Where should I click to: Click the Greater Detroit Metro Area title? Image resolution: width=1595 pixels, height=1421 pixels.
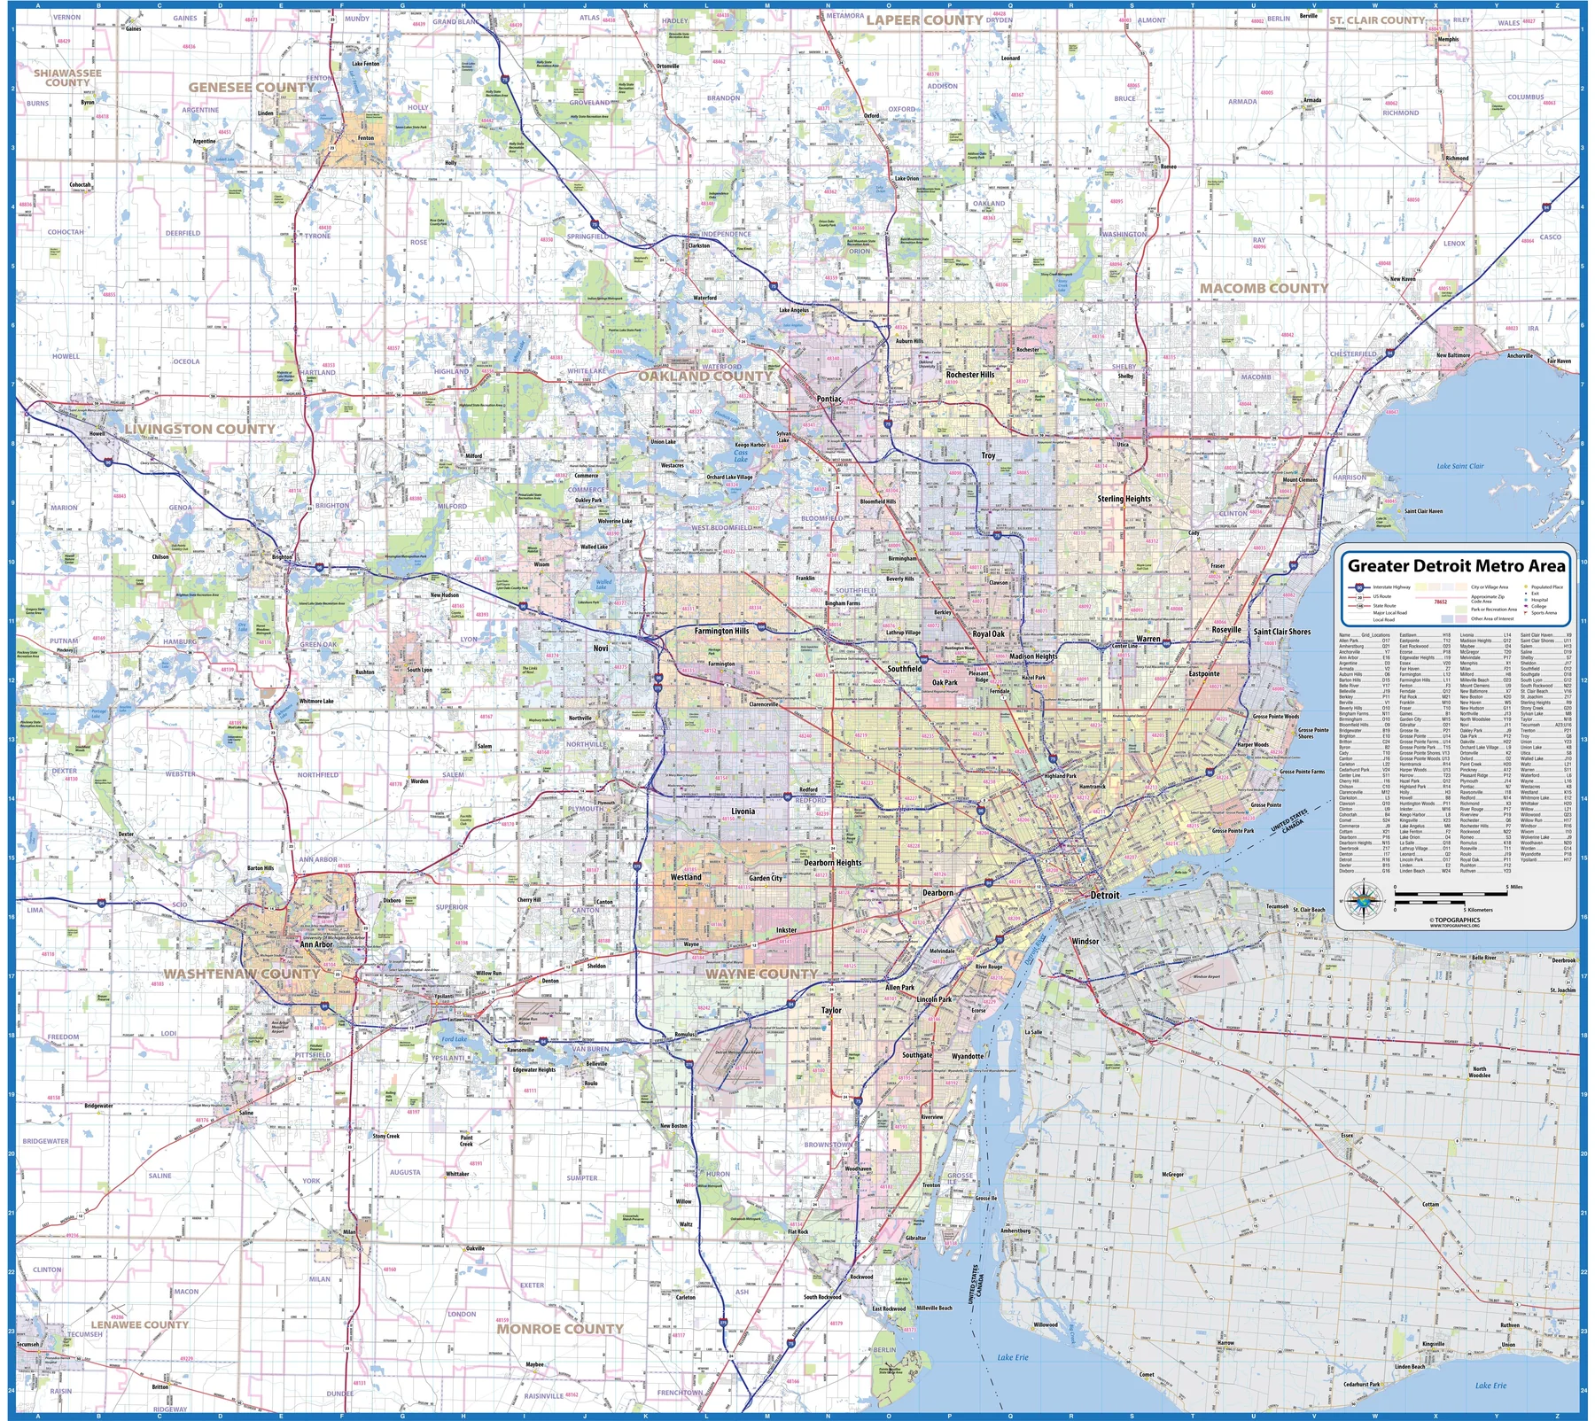(1456, 565)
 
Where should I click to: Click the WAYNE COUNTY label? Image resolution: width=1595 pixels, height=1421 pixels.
(761, 974)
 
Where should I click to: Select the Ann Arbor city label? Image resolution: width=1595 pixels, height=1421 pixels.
(315, 944)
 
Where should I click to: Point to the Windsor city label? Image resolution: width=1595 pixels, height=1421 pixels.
(1085, 941)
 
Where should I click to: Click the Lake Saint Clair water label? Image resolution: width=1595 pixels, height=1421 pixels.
(1460, 466)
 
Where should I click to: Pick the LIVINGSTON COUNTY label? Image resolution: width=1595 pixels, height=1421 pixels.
(199, 429)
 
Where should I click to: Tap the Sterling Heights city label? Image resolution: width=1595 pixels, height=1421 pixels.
(1124, 499)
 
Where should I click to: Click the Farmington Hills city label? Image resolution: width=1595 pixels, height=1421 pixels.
(721, 631)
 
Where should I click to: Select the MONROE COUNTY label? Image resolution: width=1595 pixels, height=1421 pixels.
(560, 1329)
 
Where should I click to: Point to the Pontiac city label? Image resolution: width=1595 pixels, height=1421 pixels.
(829, 399)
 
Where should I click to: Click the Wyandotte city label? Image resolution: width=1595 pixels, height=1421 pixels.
(967, 1056)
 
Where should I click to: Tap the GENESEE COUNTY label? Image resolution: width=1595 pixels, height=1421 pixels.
(251, 87)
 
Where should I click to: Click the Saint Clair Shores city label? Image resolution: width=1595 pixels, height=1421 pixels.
(1281, 632)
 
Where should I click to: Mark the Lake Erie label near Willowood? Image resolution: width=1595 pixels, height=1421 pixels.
(1012, 1357)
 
